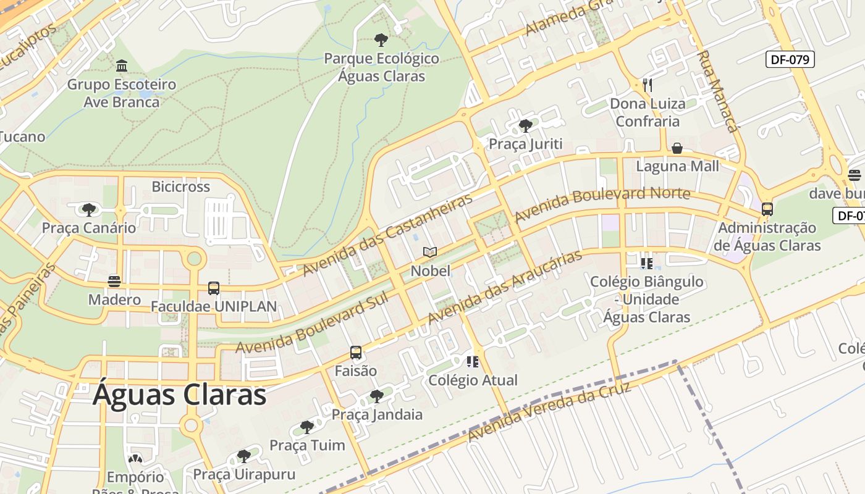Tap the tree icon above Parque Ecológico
(381, 40)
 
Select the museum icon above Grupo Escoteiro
(122, 65)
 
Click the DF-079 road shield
(790, 59)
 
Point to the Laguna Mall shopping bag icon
(677, 148)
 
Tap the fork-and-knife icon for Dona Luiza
(647, 85)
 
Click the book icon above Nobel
(430, 252)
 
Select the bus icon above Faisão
(356, 353)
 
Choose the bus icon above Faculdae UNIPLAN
(214, 288)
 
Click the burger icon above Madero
(114, 282)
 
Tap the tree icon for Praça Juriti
(526, 126)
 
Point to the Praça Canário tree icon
(89, 209)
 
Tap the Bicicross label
(181, 186)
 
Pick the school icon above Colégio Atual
(473, 362)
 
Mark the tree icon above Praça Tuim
(307, 427)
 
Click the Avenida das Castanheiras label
(387, 235)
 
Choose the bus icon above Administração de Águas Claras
(767, 209)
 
